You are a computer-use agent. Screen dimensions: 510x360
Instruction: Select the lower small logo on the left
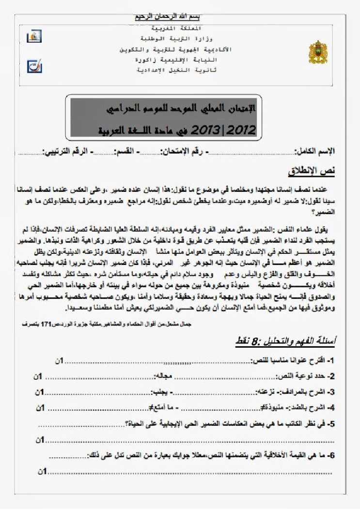click(34, 65)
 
